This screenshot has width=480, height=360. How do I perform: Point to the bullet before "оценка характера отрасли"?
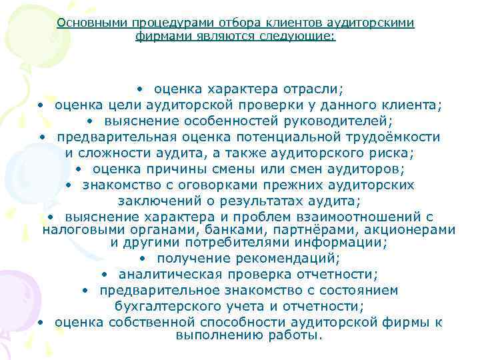click(x=141, y=89)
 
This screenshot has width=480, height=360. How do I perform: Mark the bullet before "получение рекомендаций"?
click(x=144, y=259)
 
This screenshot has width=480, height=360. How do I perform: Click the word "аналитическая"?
click(x=161, y=274)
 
